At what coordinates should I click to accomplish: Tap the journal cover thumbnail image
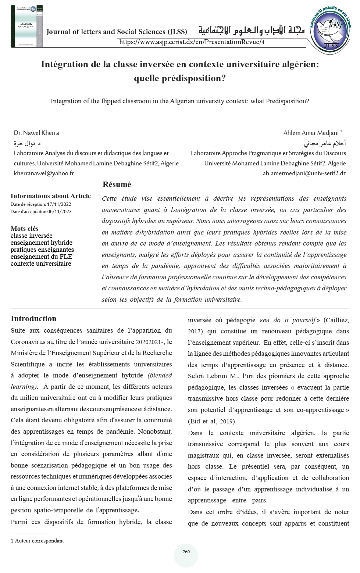coord(27,26)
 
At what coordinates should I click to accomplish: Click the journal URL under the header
coord(192,42)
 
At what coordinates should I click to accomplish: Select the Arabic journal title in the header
coord(251,31)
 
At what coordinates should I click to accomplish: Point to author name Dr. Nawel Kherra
coord(36,133)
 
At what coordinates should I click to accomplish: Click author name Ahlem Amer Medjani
coord(311,133)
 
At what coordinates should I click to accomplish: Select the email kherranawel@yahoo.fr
coord(44,173)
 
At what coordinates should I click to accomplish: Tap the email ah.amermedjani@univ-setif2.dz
coord(304,173)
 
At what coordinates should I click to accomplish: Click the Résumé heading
coord(117,185)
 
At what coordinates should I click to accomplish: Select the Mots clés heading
coord(24,229)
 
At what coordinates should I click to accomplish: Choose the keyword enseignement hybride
coord(41,243)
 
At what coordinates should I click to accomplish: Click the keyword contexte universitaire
coord(41,264)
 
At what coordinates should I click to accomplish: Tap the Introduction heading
coord(33,319)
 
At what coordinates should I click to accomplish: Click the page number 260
coord(186,552)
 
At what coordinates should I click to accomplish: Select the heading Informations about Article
coord(50,196)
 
